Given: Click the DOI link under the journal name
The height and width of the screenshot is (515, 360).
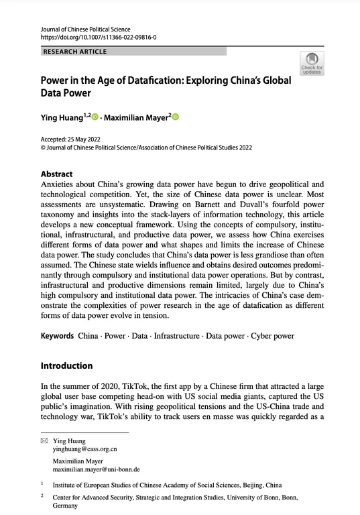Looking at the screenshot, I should click(99, 38).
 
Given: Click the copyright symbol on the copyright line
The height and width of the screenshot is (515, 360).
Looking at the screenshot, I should click(44, 147).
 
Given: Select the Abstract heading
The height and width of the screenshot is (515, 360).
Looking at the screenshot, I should click(57, 173).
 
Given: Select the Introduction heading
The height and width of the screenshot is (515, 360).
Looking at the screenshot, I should click(67, 366).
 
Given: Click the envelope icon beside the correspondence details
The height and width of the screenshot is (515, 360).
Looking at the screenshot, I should click(44, 441).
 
